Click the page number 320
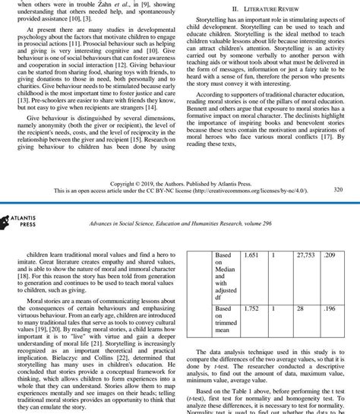click(338, 189)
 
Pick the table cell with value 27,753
click(306, 257)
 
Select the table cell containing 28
click(301, 309)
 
